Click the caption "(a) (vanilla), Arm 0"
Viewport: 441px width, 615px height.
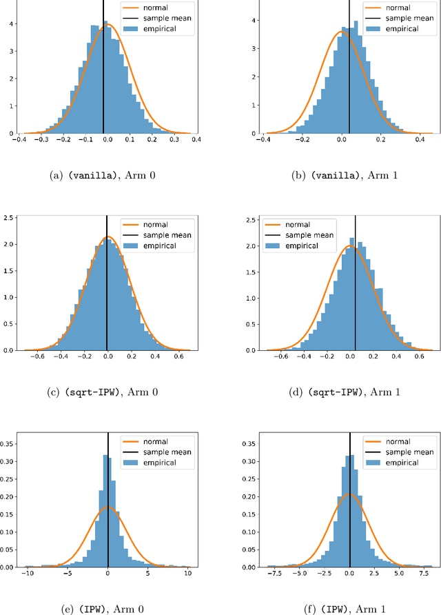(x=104, y=175)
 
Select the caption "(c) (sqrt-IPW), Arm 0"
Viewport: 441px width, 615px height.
(x=104, y=392)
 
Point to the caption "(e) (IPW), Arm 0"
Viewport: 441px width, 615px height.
(x=104, y=609)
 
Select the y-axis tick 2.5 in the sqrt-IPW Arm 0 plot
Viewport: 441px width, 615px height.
(x=8, y=219)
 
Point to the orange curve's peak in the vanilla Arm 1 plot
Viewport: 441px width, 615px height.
(x=340, y=31)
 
